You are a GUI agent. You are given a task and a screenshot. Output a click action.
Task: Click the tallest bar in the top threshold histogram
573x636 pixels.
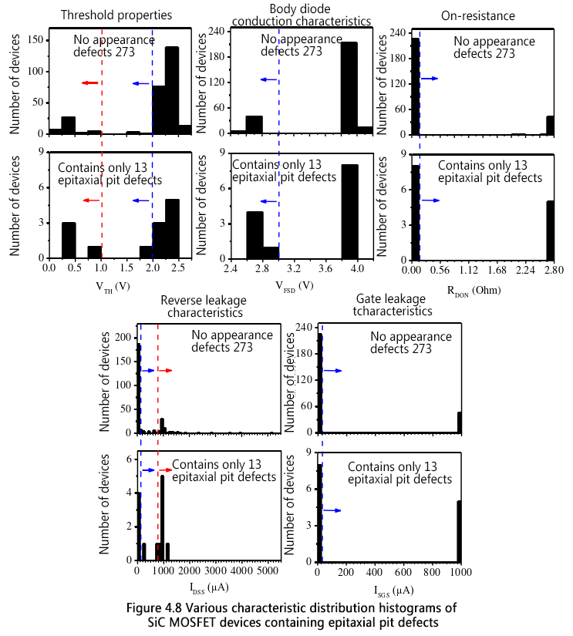172,90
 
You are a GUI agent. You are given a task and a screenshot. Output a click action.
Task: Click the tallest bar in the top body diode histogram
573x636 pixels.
349,87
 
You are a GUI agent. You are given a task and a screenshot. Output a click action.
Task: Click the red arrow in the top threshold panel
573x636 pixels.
90,82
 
